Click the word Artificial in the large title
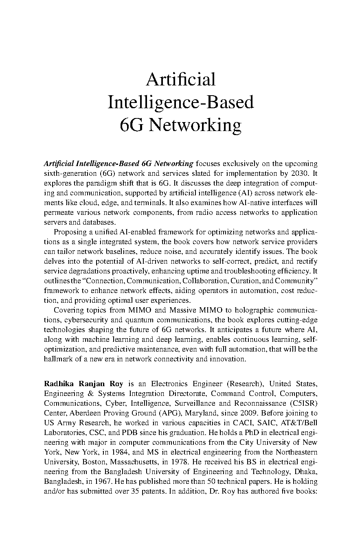pos(180,79)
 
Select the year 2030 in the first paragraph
pos(299,173)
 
